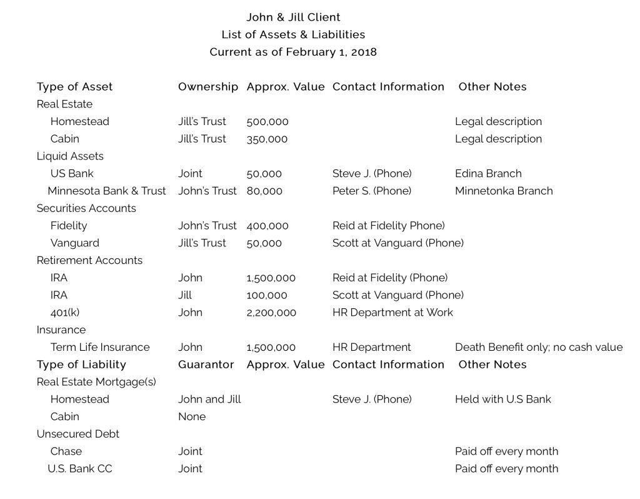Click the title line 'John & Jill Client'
coord(293,17)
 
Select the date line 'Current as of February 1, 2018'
coord(293,52)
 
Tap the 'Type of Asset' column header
coord(74,87)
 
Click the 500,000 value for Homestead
coord(267,121)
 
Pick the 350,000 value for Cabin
coord(267,139)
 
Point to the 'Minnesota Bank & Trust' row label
coord(107,191)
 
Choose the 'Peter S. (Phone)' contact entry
coord(372,191)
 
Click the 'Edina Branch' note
coord(488,173)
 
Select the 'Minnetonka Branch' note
coord(504,191)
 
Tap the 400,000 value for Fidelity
coord(267,226)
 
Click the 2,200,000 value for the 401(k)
coord(271,312)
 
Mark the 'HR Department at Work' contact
coord(392,312)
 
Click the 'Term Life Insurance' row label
coord(100,347)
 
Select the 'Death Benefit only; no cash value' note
coord(539,347)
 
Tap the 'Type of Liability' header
coord(81,365)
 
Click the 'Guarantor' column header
coord(206,365)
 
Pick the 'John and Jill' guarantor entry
coord(209,399)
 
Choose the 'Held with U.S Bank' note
coord(503,399)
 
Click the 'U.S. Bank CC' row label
coord(80,468)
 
